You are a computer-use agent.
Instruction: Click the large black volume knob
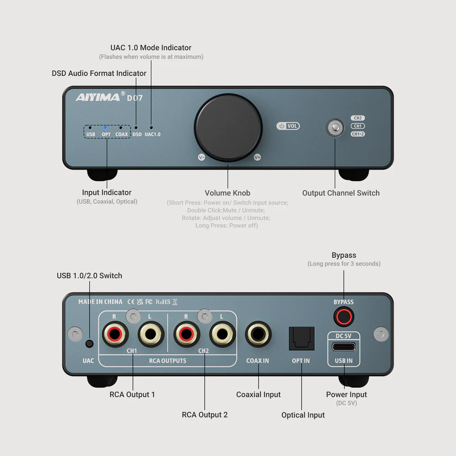228,127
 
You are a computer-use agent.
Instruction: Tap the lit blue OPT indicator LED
105,127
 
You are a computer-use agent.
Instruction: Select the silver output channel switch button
335,127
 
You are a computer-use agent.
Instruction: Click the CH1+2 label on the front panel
358,134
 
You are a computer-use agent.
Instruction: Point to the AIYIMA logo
98,97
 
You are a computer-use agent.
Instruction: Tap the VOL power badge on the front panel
288,126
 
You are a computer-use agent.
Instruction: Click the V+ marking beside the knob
257,158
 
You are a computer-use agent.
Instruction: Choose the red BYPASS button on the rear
344,317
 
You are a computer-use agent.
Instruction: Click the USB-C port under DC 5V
344,347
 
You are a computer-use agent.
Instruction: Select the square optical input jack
301,338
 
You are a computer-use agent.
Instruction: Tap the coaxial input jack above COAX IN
258,334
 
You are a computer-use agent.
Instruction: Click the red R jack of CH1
115,334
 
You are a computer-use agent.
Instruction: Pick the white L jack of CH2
222,334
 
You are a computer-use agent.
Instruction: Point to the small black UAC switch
89,344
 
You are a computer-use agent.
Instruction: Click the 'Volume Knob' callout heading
227,193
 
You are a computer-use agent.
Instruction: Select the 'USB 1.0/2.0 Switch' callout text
89,276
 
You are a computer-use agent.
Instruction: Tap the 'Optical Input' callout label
303,415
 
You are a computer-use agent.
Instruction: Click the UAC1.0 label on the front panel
152,134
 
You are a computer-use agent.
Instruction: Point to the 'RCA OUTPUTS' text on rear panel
167,361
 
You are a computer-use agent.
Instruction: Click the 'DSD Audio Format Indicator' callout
99,73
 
